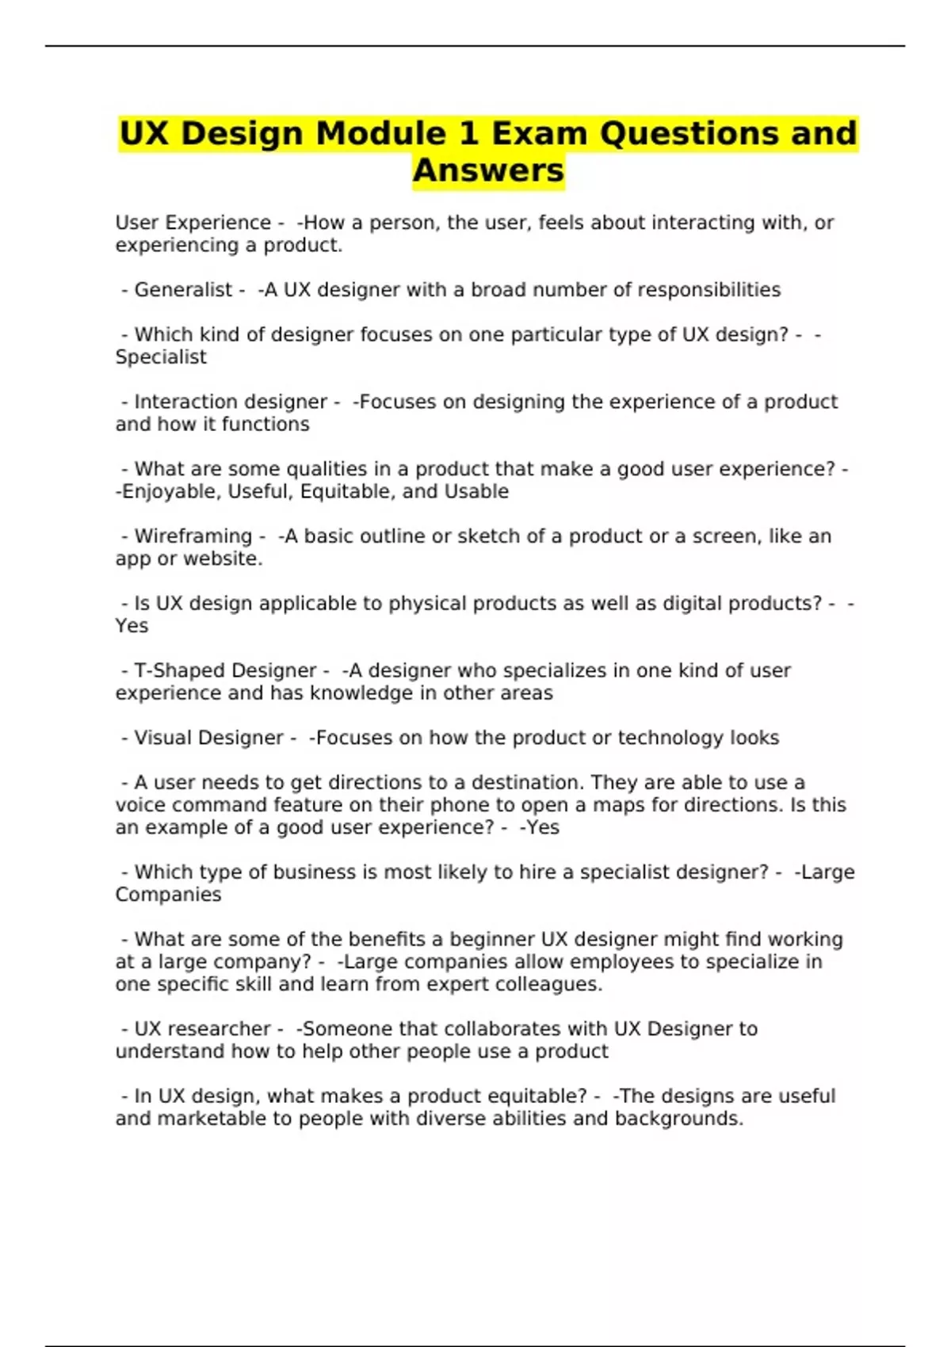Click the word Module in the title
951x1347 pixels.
click(380, 133)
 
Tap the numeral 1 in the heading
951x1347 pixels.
click(469, 133)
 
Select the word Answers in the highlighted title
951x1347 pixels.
click(488, 170)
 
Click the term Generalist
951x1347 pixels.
click(183, 290)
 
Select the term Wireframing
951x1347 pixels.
click(193, 536)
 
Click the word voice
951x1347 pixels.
click(140, 805)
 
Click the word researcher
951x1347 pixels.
click(224, 1029)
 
